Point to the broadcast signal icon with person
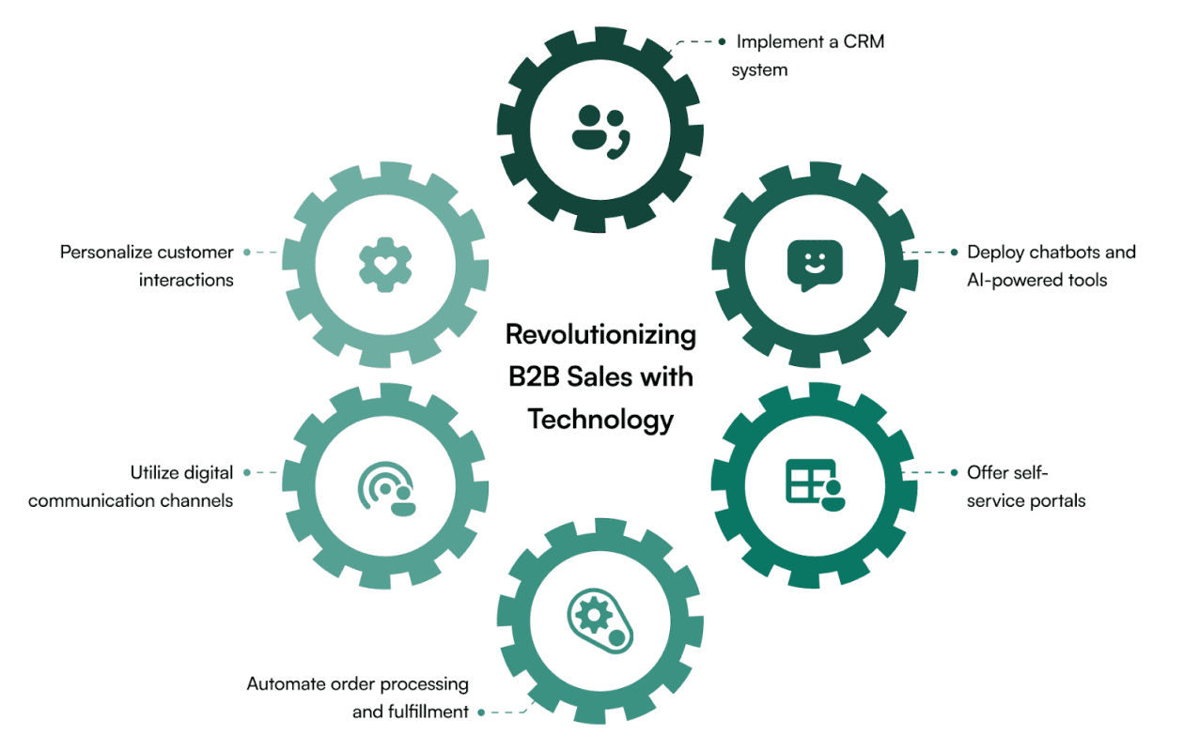(386, 486)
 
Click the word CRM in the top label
(864, 41)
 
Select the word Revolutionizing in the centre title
(600, 334)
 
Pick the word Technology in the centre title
(600, 419)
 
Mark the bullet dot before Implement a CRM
(722, 41)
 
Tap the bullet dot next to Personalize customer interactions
(246, 252)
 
